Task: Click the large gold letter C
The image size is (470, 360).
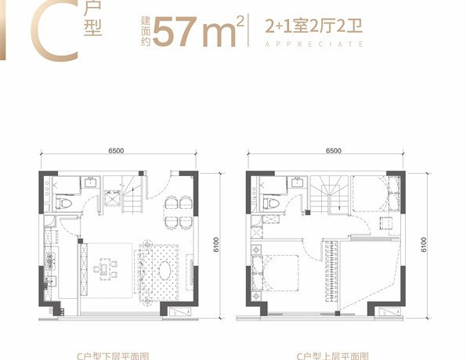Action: (x=38, y=33)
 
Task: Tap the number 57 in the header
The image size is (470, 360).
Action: (x=175, y=32)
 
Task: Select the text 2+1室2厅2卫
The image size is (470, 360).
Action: (x=314, y=26)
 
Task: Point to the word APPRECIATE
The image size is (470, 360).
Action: (x=314, y=45)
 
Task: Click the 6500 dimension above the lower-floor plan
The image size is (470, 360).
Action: (x=116, y=150)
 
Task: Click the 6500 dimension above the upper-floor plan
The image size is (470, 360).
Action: (x=334, y=150)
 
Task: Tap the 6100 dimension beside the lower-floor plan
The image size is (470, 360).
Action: (x=216, y=245)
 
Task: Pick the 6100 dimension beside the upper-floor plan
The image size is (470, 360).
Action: (x=423, y=245)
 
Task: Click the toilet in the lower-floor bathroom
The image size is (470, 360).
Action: (x=64, y=203)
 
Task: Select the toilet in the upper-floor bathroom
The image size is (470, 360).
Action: (x=271, y=203)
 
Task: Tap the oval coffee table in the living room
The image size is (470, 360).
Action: (x=165, y=271)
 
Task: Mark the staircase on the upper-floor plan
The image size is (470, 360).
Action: (x=329, y=194)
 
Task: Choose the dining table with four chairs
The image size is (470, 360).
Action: (x=178, y=213)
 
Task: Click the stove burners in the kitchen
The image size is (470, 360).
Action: (x=50, y=260)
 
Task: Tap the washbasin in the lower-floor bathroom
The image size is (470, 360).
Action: (x=90, y=182)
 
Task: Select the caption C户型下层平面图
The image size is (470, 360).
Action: (x=113, y=356)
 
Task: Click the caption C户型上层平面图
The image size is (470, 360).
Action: (x=333, y=356)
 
